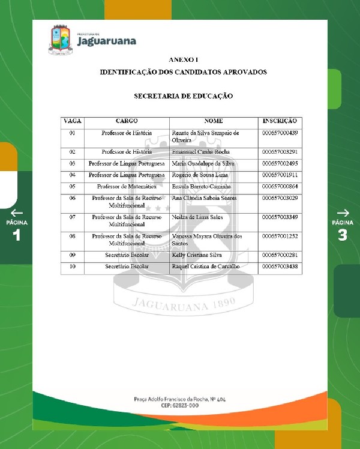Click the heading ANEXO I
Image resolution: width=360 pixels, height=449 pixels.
pyautogui.click(x=183, y=60)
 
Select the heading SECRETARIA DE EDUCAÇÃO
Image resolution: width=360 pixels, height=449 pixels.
pyautogui.click(x=183, y=96)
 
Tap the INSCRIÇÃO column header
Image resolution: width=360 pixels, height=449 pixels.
pyautogui.click(x=280, y=121)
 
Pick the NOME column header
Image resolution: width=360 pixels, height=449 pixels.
pyautogui.click(x=214, y=121)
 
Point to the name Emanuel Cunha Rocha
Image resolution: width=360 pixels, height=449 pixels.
pyautogui.click(x=200, y=152)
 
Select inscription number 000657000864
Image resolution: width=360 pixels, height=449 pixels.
pyautogui.click(x=280, y=187)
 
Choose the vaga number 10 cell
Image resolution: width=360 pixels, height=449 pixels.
pyautogui.click(x=73, y=266)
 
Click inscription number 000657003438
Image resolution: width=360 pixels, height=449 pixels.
pyautogui.click(x=280, y=266)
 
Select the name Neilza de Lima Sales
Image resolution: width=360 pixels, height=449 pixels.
pyautogui.click(x=197, y=216)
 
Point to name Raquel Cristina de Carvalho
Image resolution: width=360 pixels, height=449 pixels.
pyautogui.click(x=205, y=266)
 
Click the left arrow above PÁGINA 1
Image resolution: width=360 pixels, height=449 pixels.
pyautogui.click(x=17, y=212)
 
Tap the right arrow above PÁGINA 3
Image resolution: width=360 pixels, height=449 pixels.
pyautogui.click(x=343, y=212)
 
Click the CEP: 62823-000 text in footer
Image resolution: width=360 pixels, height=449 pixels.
pyautogui.click(x=179, y=406)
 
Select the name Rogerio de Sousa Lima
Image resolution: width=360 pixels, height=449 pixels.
pyautogui.click(x=200, y=175)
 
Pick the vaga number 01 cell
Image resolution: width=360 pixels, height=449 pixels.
pyautogui.click(x=73, y=133)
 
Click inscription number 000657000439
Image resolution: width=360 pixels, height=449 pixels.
pyautogui.click(x=280, y=133)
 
